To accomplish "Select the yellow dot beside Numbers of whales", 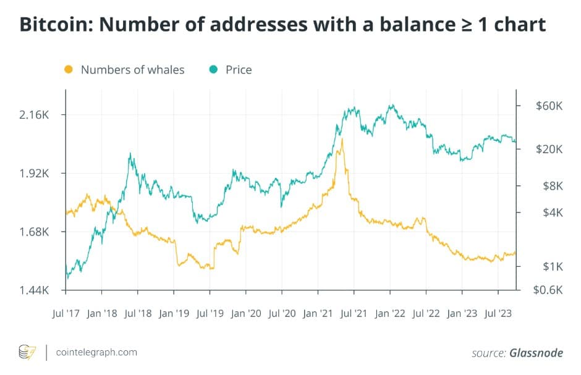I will [69, 69].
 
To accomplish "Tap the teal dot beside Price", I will [213, 69].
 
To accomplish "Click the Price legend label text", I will [239, 69].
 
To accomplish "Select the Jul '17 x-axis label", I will [65, 313].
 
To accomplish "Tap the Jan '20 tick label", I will [245, 313].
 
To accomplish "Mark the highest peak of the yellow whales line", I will [342, 139].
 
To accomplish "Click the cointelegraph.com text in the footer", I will [96, 352].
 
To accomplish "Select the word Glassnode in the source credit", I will [536, 353].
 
